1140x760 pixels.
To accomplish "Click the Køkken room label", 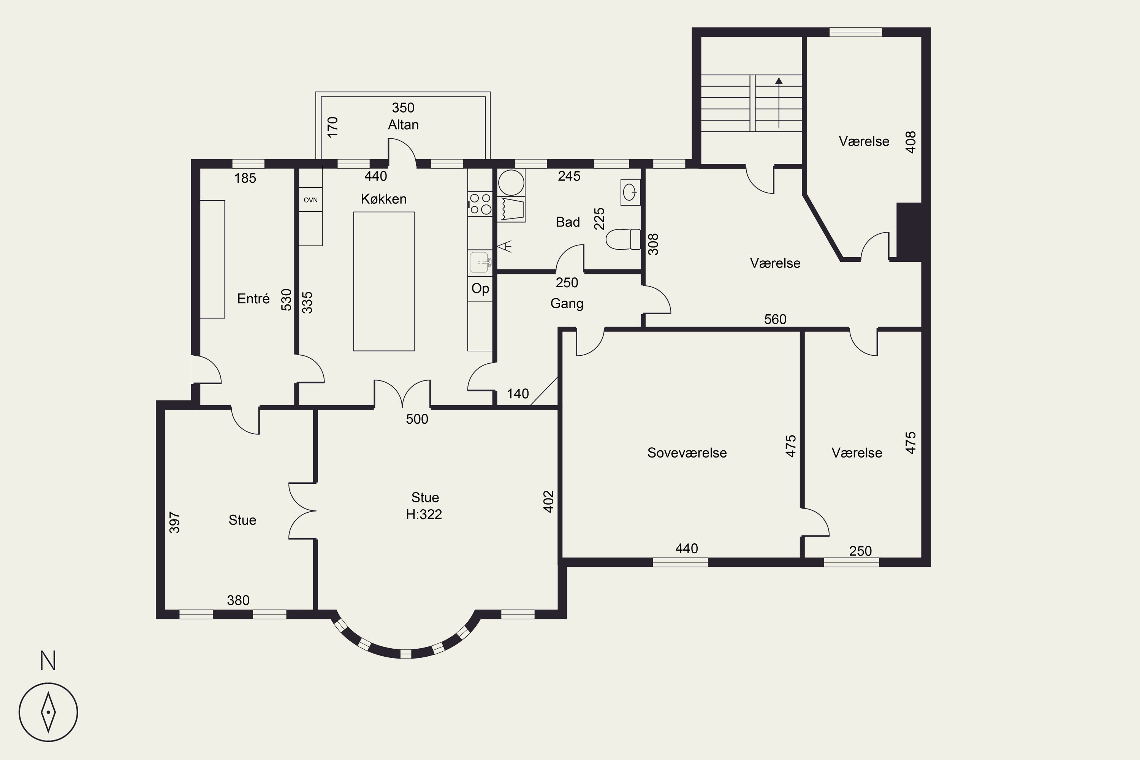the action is tap(383, 199).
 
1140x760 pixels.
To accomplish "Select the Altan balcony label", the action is tap(403, 125).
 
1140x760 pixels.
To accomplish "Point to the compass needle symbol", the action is tap(49, 712).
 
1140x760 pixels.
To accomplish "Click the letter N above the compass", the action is tap(48, 661).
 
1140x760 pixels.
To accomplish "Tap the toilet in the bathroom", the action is tap(623, 239).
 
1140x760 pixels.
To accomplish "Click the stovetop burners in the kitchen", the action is tap(480, 204).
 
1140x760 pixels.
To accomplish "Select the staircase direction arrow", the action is tap(779, 103).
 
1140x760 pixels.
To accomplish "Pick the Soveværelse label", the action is tap(687, 453).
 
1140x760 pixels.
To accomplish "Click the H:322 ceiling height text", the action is tap(424, 514).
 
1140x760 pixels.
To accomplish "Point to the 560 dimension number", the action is tap(775, 320).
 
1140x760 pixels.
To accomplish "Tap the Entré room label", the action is tap(253, 299).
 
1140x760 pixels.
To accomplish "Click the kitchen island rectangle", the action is tap(384, 281).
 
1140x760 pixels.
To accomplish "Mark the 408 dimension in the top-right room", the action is tap(911, 142).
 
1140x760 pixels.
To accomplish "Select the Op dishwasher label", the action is tap(480, 288).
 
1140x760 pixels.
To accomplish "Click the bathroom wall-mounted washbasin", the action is tap(630, 192).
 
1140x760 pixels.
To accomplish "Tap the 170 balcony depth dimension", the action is tap(332, 127).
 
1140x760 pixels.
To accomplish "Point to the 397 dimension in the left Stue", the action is tap(174, 522).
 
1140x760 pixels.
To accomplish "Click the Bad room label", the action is tap(568, 222).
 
